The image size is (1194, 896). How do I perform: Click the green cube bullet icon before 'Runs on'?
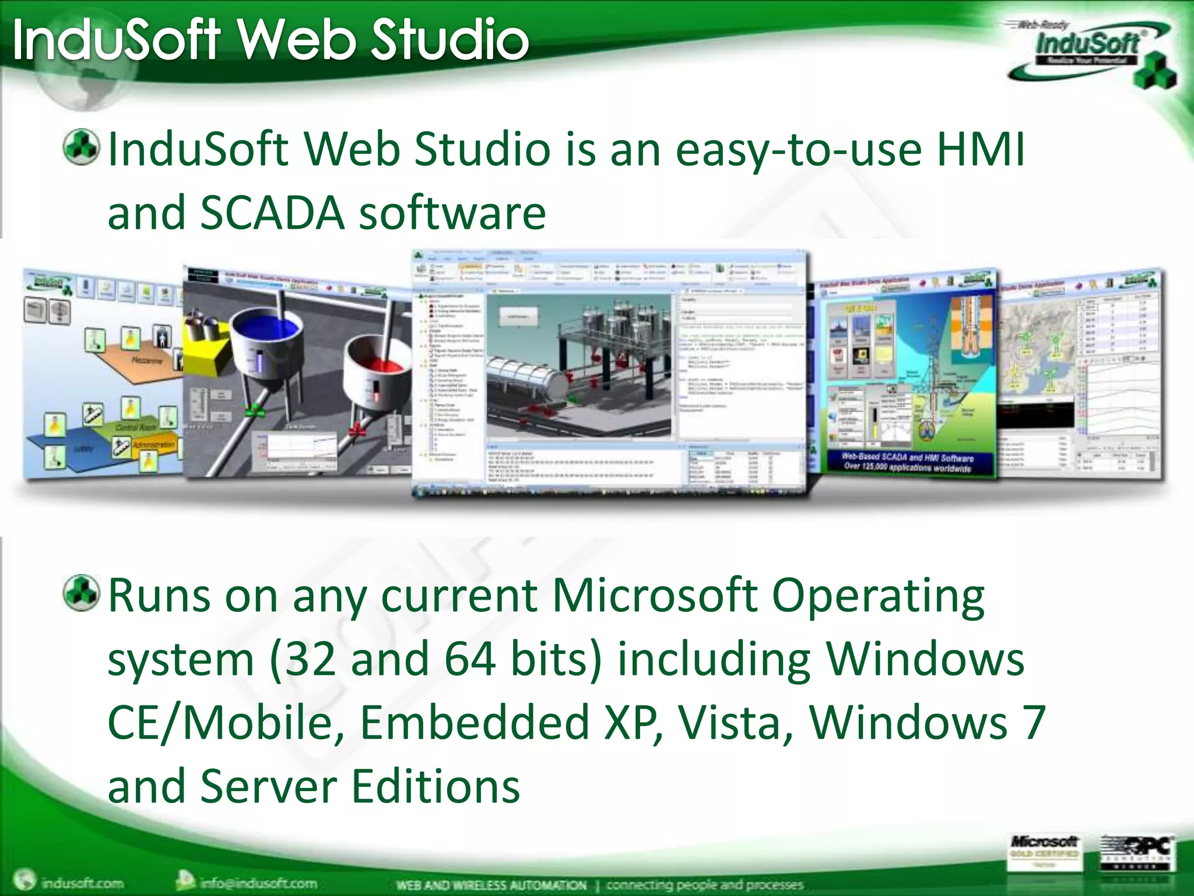[x=81, y=592]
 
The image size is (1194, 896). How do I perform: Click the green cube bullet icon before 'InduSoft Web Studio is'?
[x=81, y=146]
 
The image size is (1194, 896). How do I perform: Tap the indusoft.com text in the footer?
[x=82, y=883]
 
